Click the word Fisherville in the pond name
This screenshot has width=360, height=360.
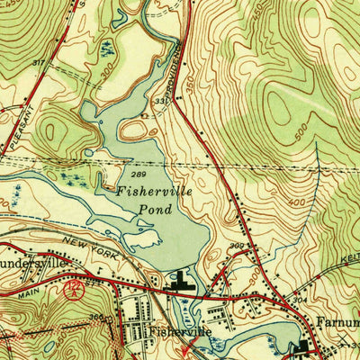pos(149,191)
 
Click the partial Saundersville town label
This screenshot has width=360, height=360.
pos(36,265)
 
